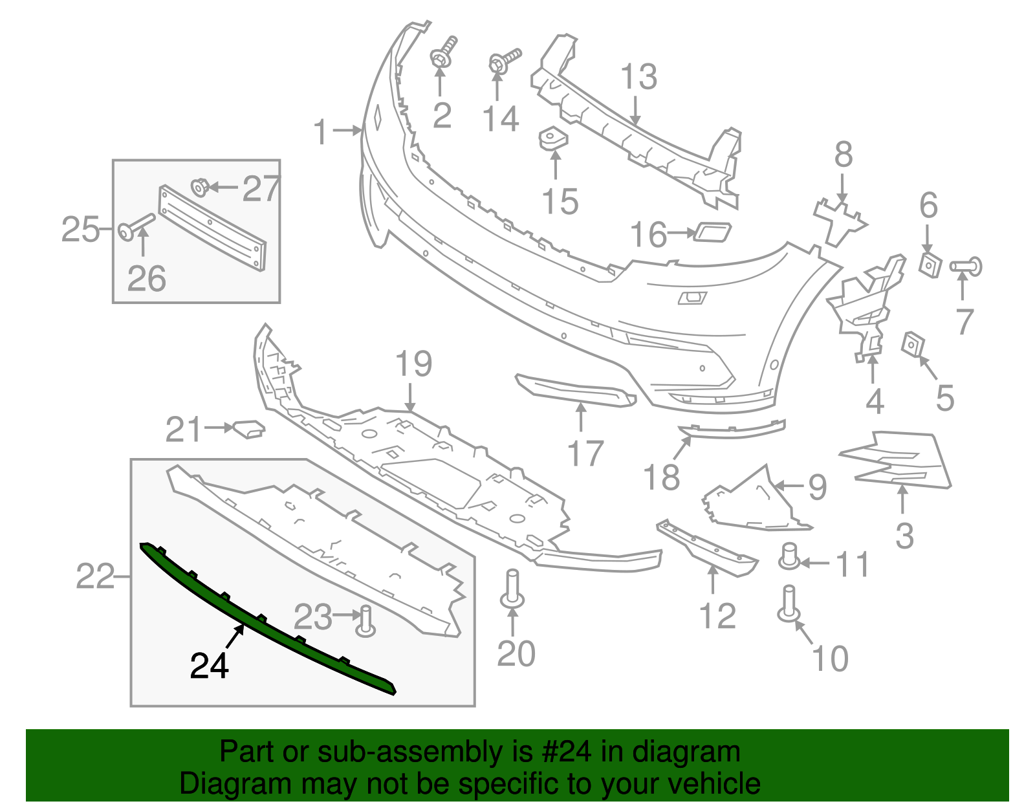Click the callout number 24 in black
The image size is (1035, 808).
(x=209, y=666)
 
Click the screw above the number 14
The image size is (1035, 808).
(x=503, y=61)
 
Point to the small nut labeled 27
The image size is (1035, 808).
(x=199, y=188)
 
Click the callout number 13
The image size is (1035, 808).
(x=638, y=77)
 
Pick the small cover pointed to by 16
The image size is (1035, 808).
(x=712, y=232)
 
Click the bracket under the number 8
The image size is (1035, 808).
(x=839, y=220)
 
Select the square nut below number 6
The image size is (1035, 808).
(x=930, y=265)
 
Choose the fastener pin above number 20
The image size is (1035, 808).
(x=512, y=589)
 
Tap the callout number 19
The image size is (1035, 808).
(x=413, y=364)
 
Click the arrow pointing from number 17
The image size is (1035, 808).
(x=581, y=417)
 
